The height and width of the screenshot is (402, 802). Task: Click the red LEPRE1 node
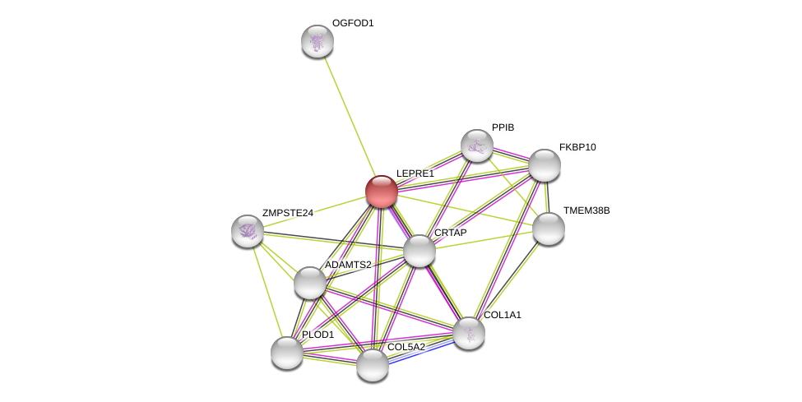click(x=381, y=192)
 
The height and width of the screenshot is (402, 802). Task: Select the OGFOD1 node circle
click(x=317, y=41)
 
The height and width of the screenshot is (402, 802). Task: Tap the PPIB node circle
click(x=476, y=146)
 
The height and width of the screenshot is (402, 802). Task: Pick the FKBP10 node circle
click(x=544, y=165)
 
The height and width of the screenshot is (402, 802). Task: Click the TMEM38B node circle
click(x=548, y=229)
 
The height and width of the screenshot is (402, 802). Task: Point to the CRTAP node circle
click(x=419, y=251)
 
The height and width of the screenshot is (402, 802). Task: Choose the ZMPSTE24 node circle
click(x=248, y=231)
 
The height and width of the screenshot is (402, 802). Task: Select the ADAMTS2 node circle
click(x=309, y=283)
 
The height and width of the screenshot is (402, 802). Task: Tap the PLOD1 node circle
click(x=286, y=353)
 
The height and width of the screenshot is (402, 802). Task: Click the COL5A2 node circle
click(x=372, y=365)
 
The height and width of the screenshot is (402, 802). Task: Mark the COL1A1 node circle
click(x=468, y=333)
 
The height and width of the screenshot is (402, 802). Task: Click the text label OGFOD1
click(x=353, y=23)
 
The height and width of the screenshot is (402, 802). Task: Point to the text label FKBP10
click(x=577, y=147)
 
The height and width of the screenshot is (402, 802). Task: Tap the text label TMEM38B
click(x=586, y=210)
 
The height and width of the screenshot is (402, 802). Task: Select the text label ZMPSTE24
click(x=287, y=213)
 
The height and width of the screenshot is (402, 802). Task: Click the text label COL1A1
click(x=502, y=315)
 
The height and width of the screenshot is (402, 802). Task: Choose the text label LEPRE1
click(x=415, y=173)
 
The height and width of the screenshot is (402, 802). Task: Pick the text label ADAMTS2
click(x=348, y=265)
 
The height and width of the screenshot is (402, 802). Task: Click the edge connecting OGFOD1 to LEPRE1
click(x=348, y=115)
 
